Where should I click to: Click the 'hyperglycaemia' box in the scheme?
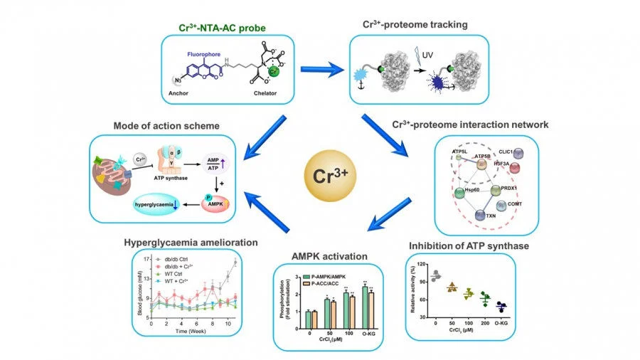tap(163, 206)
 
